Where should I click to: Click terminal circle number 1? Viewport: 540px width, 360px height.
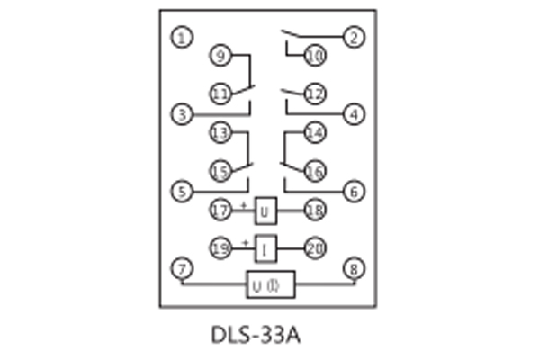point(183,38)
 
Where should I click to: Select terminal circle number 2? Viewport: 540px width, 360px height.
point(354,38)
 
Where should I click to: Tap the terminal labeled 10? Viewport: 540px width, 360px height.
point(314,56)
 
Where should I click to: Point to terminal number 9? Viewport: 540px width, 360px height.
point(220,56)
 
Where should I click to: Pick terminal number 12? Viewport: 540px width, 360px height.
point(314,94)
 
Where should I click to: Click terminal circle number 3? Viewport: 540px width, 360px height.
point(183,114)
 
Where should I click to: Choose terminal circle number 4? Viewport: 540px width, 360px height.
point(354,114)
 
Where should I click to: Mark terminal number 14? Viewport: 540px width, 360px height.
point(314,133)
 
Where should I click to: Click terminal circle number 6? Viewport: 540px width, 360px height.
point(354,191)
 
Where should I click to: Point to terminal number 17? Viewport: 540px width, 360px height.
point(220,211)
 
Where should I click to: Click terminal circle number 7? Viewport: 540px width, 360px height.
point(183,267)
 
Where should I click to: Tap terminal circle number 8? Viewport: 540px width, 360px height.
point(354,267)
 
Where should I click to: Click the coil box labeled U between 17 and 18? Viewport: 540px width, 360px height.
point(265,211)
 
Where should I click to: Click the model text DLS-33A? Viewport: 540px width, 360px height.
point(256,335)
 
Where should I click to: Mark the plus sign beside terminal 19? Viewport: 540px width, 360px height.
point(244,242)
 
